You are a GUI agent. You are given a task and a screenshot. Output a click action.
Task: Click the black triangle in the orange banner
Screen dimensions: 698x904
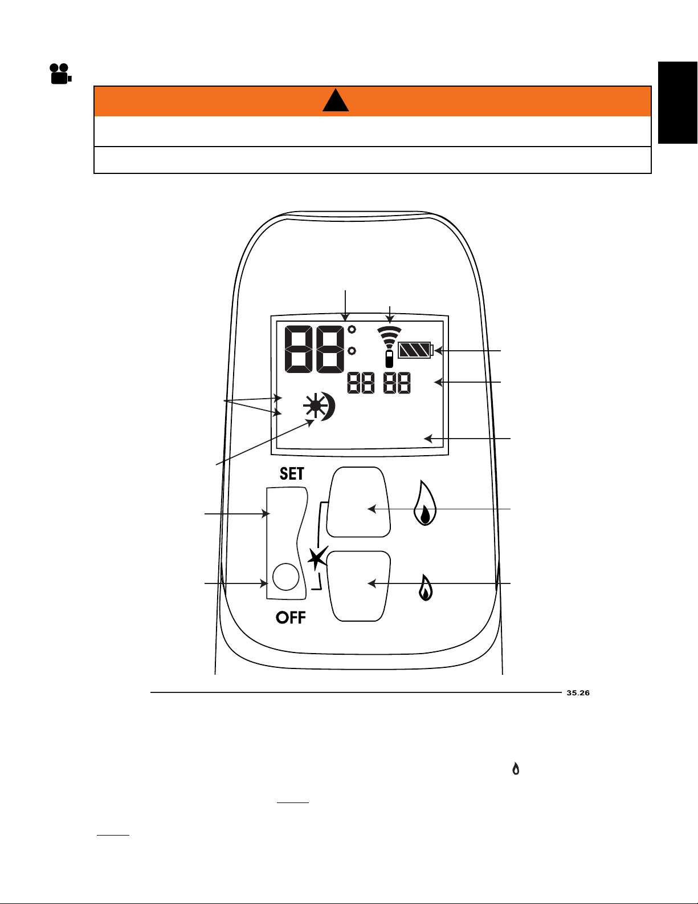point(336,100)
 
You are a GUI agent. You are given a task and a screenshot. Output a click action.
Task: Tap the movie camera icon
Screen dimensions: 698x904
point(60,74)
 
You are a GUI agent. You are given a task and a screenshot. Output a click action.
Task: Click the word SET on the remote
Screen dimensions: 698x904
point(292,473)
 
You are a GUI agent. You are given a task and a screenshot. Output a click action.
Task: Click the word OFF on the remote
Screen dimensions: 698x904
point(291,617)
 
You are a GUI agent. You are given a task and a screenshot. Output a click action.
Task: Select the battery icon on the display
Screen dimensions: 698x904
point(415,350)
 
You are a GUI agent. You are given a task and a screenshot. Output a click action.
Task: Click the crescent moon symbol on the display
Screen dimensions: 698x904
point(328,407)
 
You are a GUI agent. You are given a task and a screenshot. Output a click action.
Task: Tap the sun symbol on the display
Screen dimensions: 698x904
point(315,406)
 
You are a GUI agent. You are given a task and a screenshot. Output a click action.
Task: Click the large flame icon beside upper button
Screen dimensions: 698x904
point(424,503)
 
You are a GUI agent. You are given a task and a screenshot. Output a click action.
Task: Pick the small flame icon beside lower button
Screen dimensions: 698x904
point(426,587)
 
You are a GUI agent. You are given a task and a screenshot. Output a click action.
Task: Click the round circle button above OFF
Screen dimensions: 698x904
point(286,577)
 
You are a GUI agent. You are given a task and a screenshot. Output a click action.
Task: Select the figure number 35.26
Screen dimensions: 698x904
point(578,692)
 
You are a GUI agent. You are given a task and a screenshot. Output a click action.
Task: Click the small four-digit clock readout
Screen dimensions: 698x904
point(379,383)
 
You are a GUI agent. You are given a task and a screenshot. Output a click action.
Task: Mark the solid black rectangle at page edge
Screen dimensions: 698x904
point(677,103)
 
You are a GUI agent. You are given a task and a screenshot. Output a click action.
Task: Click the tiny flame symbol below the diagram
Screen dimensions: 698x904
point(516,768)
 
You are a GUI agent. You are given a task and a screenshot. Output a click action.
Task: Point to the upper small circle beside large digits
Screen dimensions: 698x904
point(352,330)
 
